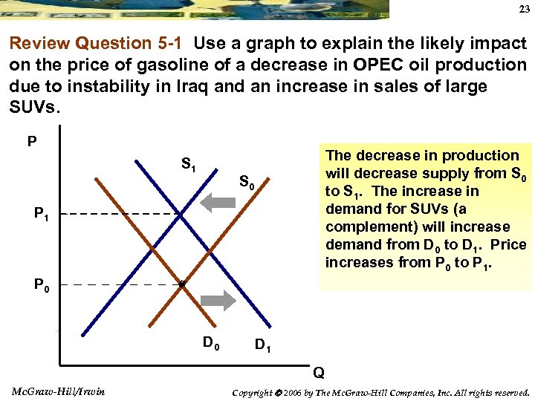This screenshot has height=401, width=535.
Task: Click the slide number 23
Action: click(x=521, y=10)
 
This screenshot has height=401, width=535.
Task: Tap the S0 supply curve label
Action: click(x=247, y=181)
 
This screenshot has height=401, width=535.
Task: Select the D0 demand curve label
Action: click(x=212, y=342)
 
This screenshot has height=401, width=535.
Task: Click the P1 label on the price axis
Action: click(x=42, y=215)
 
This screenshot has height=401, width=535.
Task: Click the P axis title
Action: click(x=32, y=140)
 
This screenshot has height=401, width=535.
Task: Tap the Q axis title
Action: click(x=318, y=371)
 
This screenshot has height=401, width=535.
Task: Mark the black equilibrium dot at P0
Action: click(x=181, y=284)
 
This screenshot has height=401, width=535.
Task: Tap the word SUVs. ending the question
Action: click(x=34, y=107)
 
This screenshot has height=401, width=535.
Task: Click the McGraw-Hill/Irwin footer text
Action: click(x=59, y=391)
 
